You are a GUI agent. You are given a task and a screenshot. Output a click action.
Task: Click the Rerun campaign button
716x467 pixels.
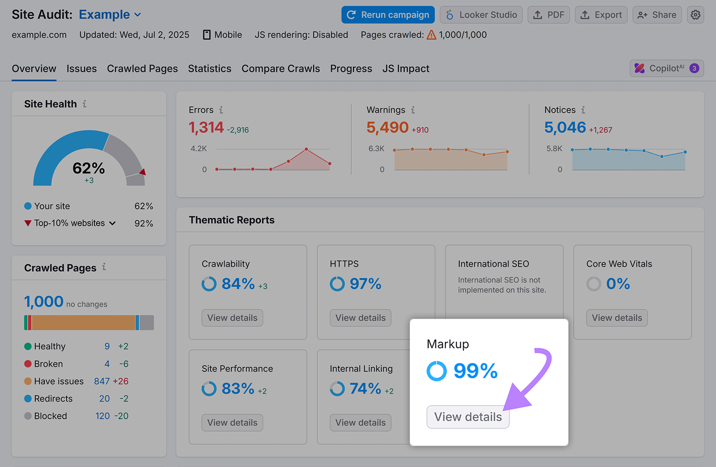(388, 15)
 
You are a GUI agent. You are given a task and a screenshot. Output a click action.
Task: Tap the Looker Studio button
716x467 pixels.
(481, 15)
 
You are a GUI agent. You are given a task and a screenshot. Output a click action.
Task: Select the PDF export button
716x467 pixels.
(549, 15)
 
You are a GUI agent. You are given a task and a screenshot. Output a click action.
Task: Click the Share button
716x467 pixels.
(657, 15)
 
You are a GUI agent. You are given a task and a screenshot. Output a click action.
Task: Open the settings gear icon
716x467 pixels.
(695, 15)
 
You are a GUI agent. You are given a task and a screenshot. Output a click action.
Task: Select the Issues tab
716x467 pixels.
(81, 69)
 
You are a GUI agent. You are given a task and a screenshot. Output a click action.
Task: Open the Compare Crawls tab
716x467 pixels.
(281, 69)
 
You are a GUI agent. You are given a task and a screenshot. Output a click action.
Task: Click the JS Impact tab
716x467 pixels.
(405, 69)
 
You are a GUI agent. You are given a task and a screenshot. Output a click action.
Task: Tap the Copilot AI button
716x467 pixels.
(666, 69)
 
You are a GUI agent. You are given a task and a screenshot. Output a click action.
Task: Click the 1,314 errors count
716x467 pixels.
(206, 128)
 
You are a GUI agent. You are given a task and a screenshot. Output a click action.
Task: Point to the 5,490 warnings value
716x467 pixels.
(387, 128)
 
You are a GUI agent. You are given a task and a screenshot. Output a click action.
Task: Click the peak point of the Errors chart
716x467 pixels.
(307, 149)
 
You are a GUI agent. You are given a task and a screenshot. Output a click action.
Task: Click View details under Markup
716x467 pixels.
(468, 417)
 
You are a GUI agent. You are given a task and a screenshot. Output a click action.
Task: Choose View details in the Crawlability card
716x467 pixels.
(232, 318)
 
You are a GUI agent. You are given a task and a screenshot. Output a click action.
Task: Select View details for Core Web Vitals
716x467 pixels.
(617, 318)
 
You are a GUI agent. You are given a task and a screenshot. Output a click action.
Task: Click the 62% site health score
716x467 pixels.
(89, 168)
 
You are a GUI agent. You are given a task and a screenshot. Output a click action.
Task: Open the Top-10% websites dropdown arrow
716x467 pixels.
(112, 223)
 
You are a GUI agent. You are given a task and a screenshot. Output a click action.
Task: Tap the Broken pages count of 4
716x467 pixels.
(107, 364)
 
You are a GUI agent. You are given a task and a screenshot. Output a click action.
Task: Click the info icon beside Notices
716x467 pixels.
(583, 110)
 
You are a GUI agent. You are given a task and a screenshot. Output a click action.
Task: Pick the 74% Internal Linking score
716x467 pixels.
(365, 389)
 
